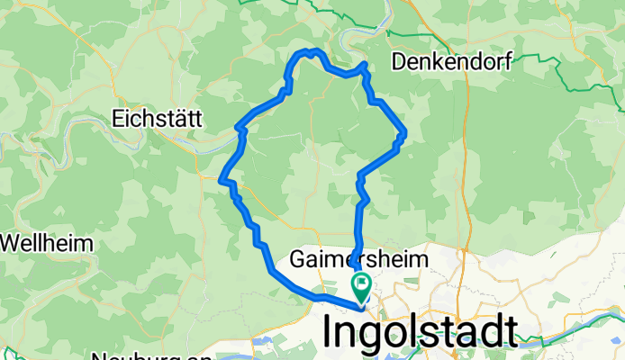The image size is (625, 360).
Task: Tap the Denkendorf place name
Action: pyautogui.click(x=452, y=63)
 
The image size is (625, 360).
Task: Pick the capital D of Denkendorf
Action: pyautogui.click(x=398, y=63)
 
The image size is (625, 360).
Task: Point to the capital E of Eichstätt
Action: pyautogui.click(x=118, y=118)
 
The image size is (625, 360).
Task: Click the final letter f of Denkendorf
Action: pyautogui.click(x=509, y=63)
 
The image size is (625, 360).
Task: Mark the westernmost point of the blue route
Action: pyautogui.click(x=221, y=181)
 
